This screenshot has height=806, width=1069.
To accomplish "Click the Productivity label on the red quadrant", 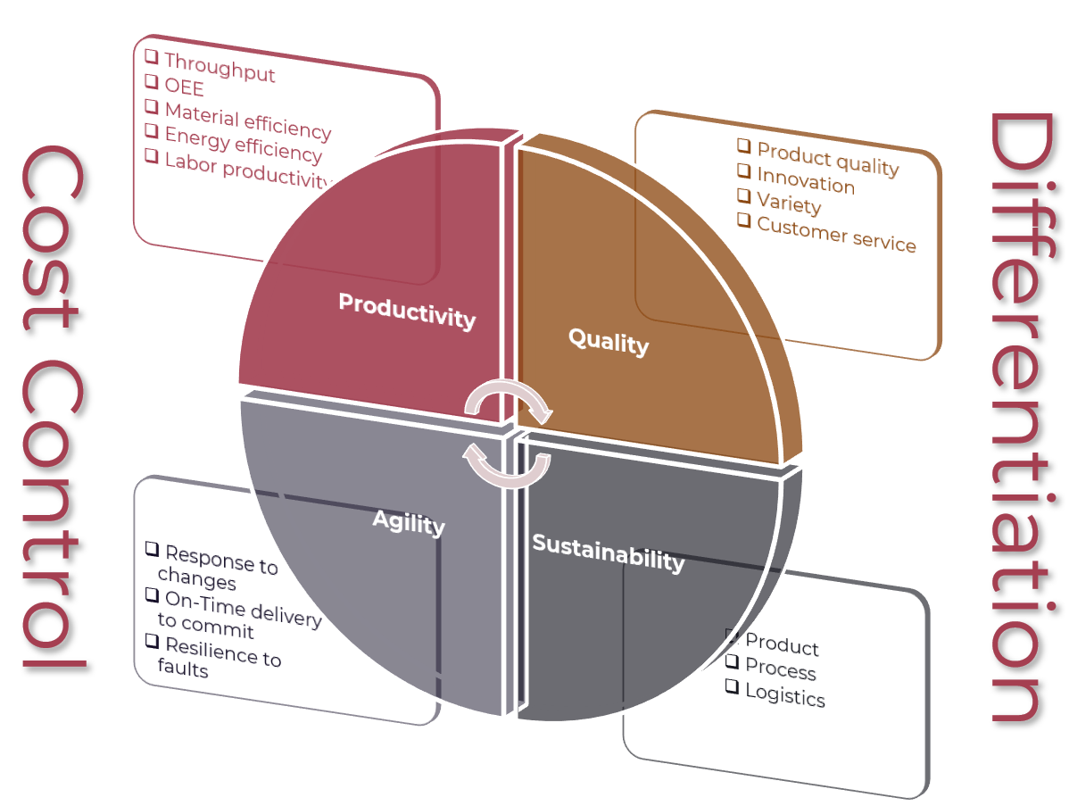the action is (x=406, y=310).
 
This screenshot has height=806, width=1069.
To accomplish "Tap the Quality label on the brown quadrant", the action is (x=609, y=340).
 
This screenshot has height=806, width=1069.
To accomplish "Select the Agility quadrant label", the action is (x=409, y=521).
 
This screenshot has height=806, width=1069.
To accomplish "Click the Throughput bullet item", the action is (x=220, y=67).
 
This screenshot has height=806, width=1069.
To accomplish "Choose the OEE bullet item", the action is (x=184, y=87).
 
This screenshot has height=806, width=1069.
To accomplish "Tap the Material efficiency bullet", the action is (x=247, y=120).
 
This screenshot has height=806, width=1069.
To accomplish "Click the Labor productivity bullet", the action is (x=245, y=170).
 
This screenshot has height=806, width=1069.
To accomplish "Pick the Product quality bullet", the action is (x=827, y=158).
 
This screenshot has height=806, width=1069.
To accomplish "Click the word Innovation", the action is (x=806, y=182).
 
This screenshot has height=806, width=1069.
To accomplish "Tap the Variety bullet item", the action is (x=789, y=204).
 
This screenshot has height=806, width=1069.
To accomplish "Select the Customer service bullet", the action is (x=836, y=235).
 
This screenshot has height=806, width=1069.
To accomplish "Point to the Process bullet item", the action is (x=781, y=669).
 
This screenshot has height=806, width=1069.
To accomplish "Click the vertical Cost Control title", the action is (x=54, y=406).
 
